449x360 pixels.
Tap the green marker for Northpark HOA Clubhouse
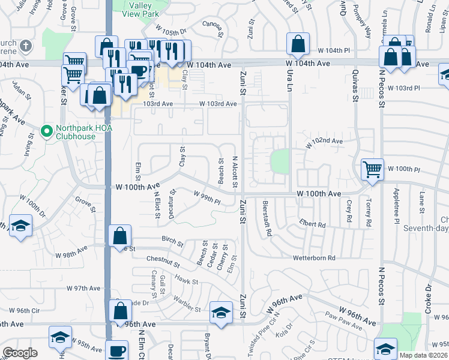click(46, 130)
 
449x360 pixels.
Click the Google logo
click(20, 353)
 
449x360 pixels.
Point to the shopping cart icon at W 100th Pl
click(372, 169)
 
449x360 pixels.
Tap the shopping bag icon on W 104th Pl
click(298, 43)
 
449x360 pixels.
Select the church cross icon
click(26, 46)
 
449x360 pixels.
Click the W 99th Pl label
click(206, 196)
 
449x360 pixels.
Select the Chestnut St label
click(163, 262)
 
